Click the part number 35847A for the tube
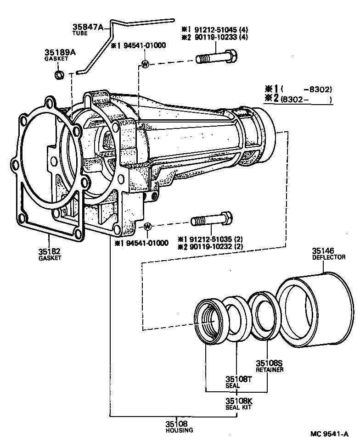90,27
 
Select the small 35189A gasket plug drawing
59,75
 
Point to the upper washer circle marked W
145,64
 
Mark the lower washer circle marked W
147,227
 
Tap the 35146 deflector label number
323,251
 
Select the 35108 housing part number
177,424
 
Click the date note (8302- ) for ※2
305,99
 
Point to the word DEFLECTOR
329,257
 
